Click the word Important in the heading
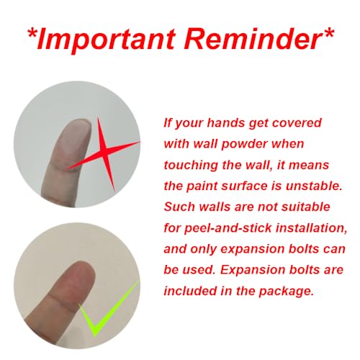[x=106, y=39]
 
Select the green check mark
[x=109, y=308]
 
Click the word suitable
[x=306, y=207]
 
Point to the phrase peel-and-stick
[x=228, y=228]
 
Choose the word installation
[x=311, y=228]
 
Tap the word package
[x=287, y=292]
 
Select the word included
[x=190, y=291]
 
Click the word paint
[x=202, y=186]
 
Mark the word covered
[x=297, y=122]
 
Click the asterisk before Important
[x=32, y=34]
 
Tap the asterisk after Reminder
[x=328, y=34]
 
